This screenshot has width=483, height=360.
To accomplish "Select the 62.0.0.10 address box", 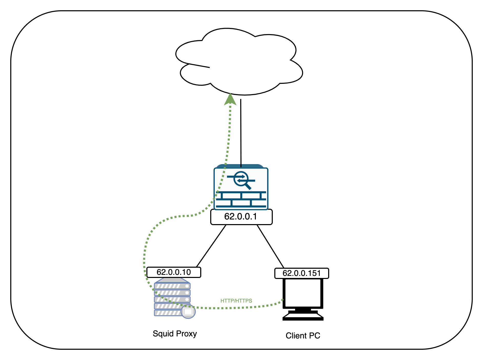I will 174,272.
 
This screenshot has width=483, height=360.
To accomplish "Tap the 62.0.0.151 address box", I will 301,273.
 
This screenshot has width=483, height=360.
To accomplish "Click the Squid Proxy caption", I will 175,334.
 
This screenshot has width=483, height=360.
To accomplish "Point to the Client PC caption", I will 303,336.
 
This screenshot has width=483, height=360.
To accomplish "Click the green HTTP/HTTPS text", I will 236,301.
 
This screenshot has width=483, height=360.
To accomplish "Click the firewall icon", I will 241,188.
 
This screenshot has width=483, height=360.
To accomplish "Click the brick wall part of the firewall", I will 241,199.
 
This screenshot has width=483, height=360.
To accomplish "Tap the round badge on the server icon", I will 188,312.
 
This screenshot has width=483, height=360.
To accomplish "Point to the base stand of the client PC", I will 303,316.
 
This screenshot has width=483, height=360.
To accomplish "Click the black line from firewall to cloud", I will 241,133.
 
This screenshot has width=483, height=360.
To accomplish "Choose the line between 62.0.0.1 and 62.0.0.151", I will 270,246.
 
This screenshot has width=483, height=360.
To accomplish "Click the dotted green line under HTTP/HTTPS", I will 236,307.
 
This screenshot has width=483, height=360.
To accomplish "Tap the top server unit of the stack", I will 172,286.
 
